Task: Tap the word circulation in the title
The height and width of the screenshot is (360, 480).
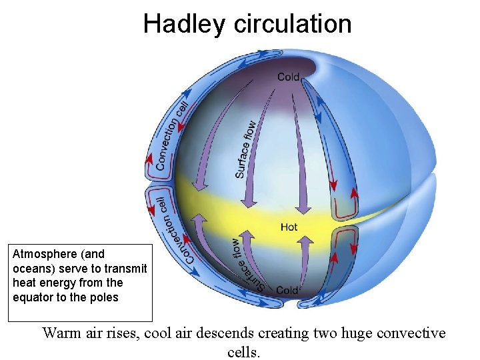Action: click(292, 24)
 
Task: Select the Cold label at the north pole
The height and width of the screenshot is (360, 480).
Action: click(288, 77)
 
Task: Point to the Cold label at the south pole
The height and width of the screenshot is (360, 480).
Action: click(287, 290)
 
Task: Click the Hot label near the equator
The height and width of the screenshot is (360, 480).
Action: click(289, 227)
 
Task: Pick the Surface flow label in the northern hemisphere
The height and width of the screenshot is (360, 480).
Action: click(245, 149)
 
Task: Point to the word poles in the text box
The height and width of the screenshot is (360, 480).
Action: click(103, 297)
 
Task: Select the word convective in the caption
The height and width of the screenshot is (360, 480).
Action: click(413, 333)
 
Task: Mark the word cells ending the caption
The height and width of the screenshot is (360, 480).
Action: click(243, 351)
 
